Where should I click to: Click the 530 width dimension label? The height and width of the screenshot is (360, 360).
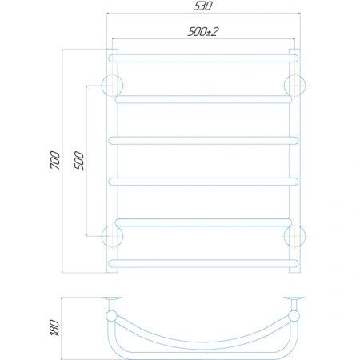(x=203, y=6)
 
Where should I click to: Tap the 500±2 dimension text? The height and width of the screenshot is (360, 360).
(x=203, y=32)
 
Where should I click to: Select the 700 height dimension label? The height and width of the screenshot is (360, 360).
(x=55, y=160)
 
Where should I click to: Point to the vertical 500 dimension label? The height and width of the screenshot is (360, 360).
(x=79, y=161)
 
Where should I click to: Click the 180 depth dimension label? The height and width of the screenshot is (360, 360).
(x=54, y=328)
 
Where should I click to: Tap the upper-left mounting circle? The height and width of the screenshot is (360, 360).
(x=102, y=86)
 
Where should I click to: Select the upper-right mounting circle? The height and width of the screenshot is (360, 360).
(x=305, y=86)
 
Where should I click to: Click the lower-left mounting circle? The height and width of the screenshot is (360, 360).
(x=102, y=236)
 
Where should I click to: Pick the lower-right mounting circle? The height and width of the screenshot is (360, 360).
(x=305, y=236)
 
